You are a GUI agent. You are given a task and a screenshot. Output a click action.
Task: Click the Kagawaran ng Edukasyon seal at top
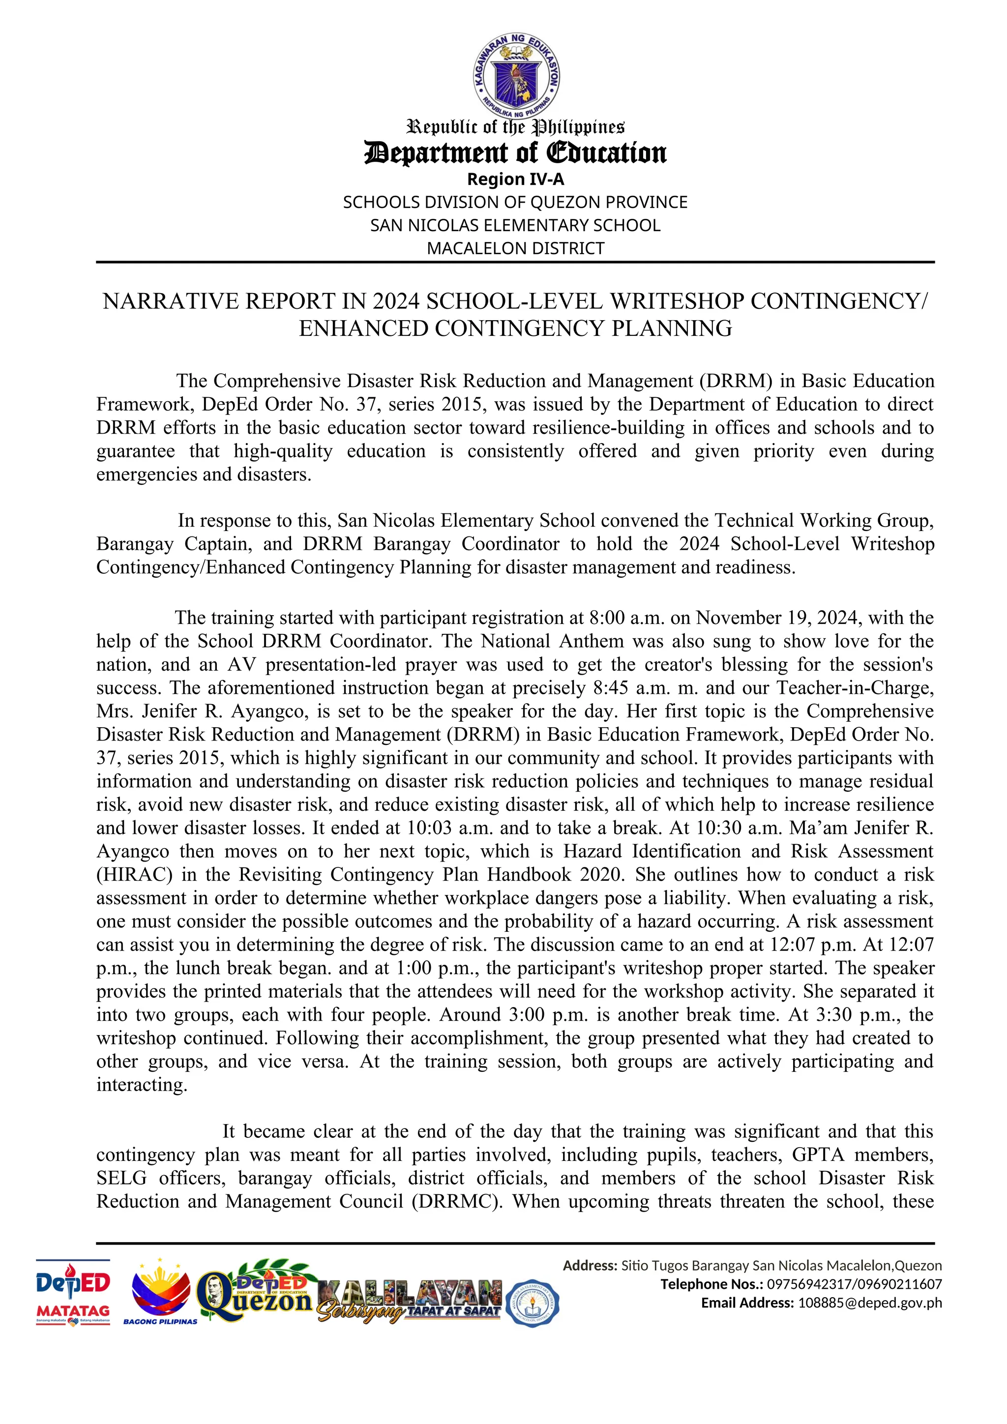click(x=516, y=76)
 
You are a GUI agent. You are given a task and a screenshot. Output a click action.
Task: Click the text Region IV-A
click(x=515, y=179)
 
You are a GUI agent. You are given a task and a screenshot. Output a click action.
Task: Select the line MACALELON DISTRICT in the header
click(x=515, y=248)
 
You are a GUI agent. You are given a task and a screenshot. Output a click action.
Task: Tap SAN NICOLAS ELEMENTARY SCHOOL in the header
click(x=515, y=225)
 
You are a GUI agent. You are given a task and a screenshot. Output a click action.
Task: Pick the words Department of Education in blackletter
click(x=515, y=152)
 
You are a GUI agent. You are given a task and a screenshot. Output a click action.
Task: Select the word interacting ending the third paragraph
click(x=142, y=1085)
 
